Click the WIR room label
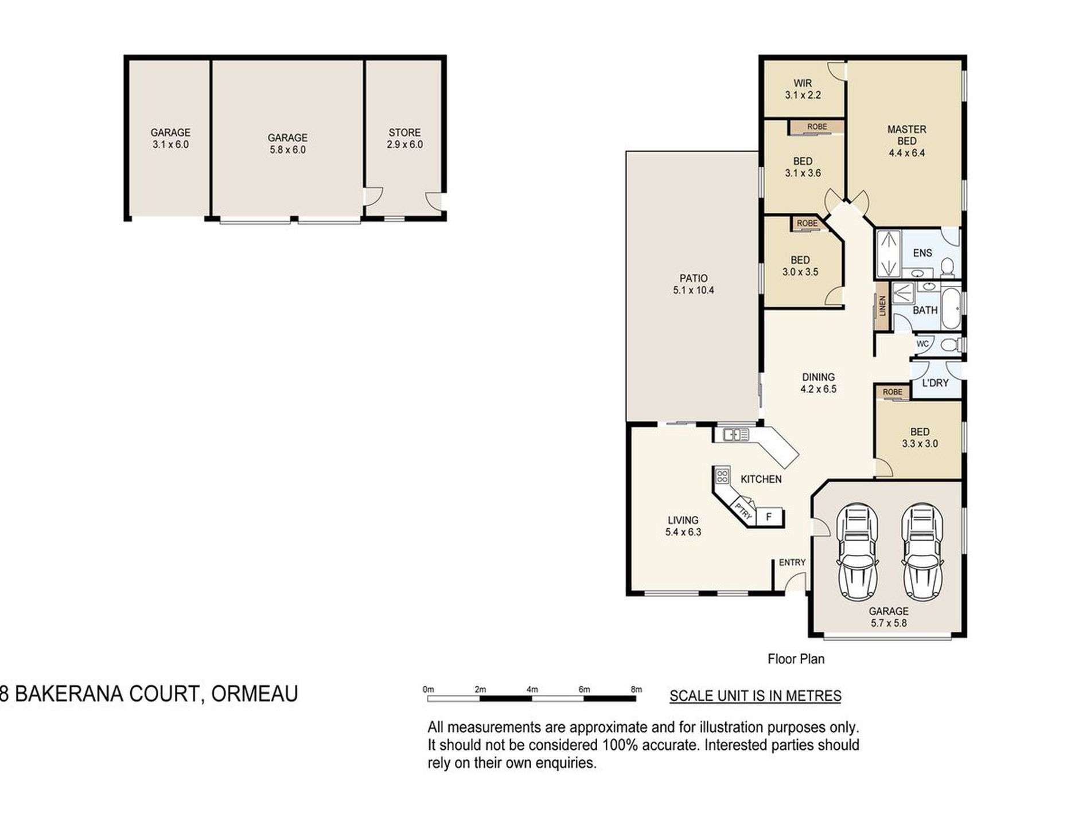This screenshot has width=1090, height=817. pos(803,83)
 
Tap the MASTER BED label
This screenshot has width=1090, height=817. pos(906,135)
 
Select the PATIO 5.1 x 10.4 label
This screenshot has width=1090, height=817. pos(694,284)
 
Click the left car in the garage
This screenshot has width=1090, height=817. pos(857,552)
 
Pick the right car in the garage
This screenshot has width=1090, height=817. pos(922,552)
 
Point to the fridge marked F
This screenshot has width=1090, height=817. pos(769,517)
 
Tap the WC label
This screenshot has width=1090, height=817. pos(922,344)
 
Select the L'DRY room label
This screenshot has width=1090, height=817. pos(935,382)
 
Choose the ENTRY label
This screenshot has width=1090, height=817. pos(792,562)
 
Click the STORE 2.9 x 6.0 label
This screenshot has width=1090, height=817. pos(404,138)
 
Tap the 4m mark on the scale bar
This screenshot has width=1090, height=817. pos(532,690)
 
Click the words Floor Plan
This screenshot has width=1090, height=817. pos(796,659)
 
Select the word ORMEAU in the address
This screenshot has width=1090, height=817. pos(255,694)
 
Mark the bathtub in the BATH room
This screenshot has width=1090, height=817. pos(951,309)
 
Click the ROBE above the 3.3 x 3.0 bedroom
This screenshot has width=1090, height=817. pos(893,392)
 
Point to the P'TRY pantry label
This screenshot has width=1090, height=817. pos(743,511)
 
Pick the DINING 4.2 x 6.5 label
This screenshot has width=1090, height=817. pos(819,383)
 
